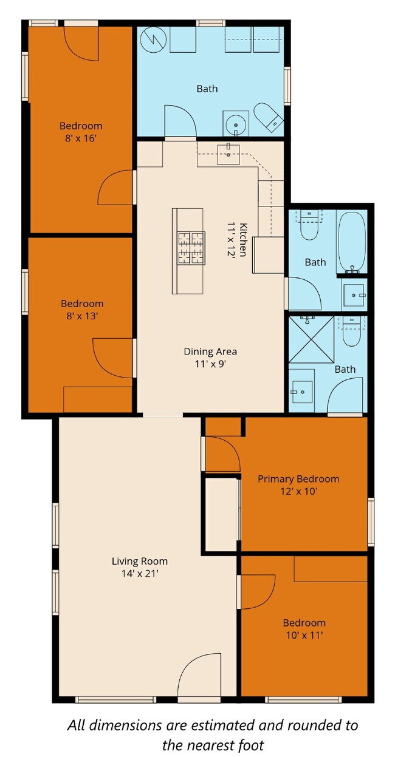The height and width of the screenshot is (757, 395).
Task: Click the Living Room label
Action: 139,561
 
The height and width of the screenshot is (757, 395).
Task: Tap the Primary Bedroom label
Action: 298,479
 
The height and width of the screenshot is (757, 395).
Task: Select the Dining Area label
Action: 210,351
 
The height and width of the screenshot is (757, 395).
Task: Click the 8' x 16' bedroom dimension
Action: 81,138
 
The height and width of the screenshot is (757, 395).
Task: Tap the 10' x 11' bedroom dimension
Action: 304,635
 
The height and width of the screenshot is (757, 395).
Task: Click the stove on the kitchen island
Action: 190,248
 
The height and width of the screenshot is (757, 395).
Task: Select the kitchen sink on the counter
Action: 228,151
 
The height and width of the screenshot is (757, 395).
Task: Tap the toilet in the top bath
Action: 268,117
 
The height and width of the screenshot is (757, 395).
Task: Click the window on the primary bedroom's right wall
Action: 370,521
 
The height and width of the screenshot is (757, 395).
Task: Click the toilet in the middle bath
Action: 310,224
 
